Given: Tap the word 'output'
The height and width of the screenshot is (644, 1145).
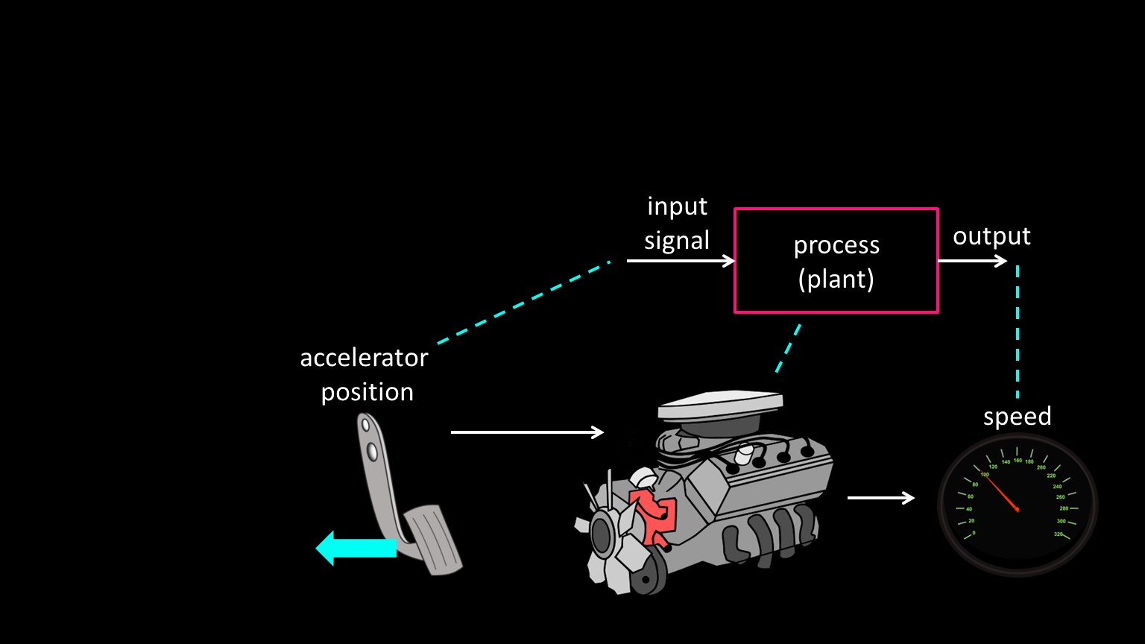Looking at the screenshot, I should pyautogui.click(x=991, y=236).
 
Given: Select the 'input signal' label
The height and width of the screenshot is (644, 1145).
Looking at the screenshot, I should pyautogui.click(x=677, y=223).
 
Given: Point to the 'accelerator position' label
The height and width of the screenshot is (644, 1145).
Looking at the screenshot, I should pyautogui.click(x=365, y=374).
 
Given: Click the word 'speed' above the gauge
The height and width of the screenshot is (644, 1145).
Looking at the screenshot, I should pyautogui.click(x=1017, y=416).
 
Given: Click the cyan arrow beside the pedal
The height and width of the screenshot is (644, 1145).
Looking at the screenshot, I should pyautogui.click(x=356, y=548).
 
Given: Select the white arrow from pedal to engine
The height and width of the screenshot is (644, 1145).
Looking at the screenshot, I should pyautogui.click(x=527, y=432).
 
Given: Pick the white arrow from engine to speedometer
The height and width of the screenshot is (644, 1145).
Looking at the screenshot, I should pyautogui.click(x=880, y=497).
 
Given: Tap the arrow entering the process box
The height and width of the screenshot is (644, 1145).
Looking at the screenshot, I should pyautogui.click(x=681, y=261).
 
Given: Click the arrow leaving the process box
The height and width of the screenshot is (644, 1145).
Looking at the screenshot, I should pyautogui.click(x=972, y=261).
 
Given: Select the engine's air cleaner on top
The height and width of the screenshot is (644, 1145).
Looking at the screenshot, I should pyautogui.click(x=720, y=407).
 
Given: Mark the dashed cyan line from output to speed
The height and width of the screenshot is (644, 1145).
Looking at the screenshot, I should pyautogui.click(x=1018, y=332).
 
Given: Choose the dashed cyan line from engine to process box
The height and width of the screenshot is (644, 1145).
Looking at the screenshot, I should pyautogui.click(x=788, y=347).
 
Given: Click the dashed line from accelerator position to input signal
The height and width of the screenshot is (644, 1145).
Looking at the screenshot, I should pyautogui.click(x=524, y=302).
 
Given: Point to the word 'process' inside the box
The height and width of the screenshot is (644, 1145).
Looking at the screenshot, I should pyautogui.click(x=836, y=244).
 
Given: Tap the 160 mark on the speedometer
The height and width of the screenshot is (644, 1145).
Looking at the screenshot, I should pyautogui.click(x=1018, y=460).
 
